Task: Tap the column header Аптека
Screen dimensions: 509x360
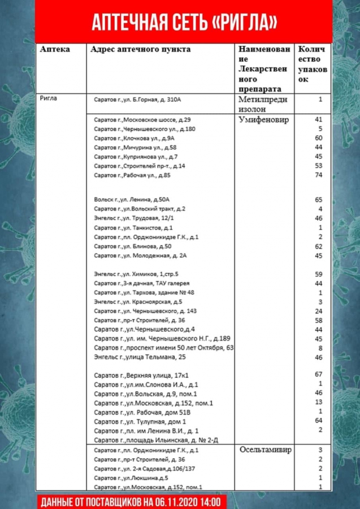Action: [55, 49]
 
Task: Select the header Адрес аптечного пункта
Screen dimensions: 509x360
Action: [140, 49]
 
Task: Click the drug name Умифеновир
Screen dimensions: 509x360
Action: [263, 120]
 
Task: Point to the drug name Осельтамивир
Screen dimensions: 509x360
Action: [267, 450]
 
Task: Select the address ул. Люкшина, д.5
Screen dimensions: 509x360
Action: [131, 478]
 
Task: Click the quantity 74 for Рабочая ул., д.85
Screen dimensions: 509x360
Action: [318, 175]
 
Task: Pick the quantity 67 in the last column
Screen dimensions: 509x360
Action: [318, 374]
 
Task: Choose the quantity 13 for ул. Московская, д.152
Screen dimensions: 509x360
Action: [318, 402]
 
